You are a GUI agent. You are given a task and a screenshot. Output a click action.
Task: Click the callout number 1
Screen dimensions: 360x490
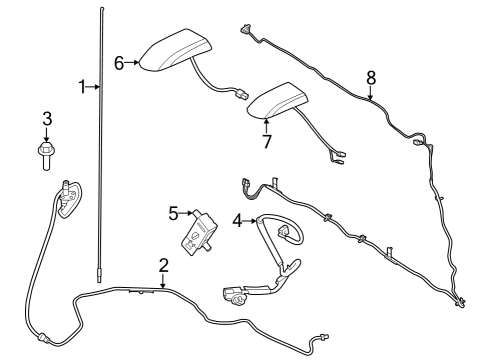pyautogui.click(x=82, y=87)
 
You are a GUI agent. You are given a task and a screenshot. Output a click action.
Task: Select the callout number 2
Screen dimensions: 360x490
pyautogui.click(x=163, y=265)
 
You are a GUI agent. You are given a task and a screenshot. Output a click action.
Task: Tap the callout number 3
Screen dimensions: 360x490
pyautogui.click(x=46, y=119)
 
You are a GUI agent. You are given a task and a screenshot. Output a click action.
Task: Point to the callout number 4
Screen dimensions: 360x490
pyautogui.click(x=237, y=219)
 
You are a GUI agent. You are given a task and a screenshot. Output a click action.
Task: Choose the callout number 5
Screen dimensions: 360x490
pyautogui.click(x=173, y=213)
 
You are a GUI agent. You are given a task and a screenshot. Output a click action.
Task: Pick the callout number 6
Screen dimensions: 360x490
pyautogui.click(x=119, y=63)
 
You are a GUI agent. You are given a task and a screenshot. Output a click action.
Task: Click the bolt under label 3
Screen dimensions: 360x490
pyautogui.click(x=46, y=153)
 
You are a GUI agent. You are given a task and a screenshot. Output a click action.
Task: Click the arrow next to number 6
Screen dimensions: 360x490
pyautogui.click(x=133, y=63)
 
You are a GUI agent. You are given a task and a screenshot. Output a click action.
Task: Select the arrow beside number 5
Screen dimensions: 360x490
pyautogui.click(x=187, y=214)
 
